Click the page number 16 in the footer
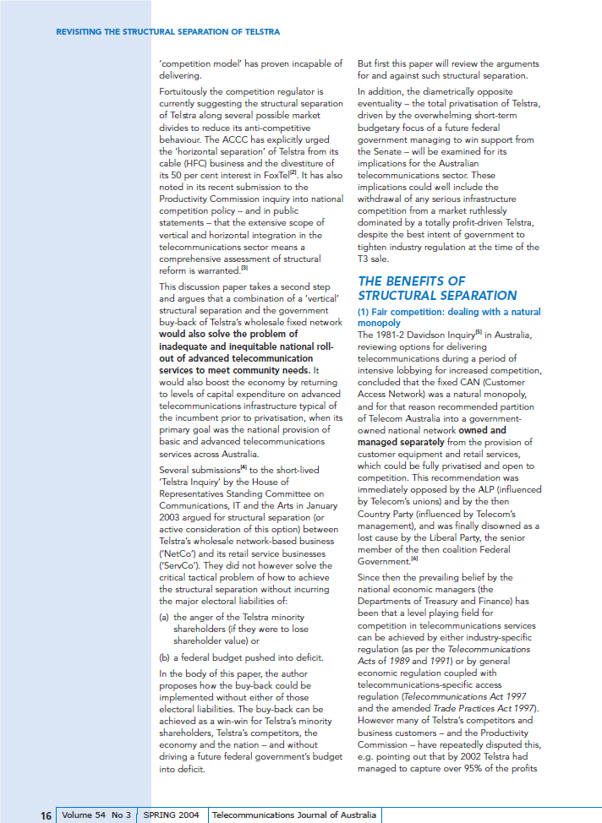[46, 815]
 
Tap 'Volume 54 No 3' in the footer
[96, 815]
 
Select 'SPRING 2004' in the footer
[172, 815]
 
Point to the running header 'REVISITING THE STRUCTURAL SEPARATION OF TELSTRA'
[167, 32]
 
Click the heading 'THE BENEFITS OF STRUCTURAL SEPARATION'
[437, 288]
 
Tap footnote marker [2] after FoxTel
[292, 172]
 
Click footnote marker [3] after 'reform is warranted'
[244, 267]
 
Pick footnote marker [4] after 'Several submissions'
[244, 466]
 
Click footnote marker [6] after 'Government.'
[414, 559]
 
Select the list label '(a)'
[165, 617]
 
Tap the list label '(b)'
[165, 657]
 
